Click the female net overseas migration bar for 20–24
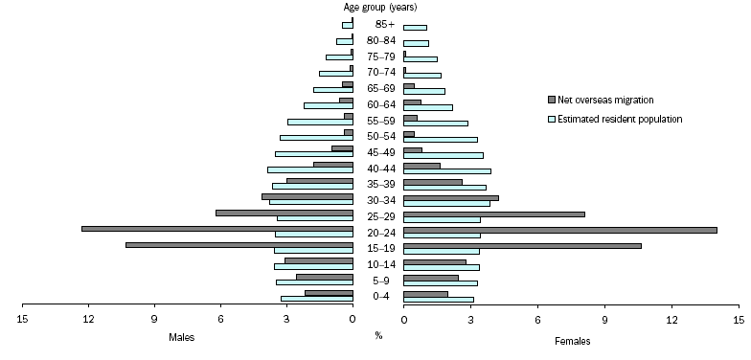pos(560,230)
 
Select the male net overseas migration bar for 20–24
pos(217,228)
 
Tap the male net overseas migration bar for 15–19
pos(239,245)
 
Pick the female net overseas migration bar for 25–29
pos(494,214)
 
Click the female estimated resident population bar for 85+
pos(415,28)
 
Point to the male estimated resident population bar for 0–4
pos(317,299)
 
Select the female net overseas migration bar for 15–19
pos(522,246)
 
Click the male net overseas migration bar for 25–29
pos(284,213)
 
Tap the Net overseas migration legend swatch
pos(552,100)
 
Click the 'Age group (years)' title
pos(378,8)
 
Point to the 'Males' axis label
pos(182,338)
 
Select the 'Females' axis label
pos(573,340)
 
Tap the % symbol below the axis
pos(378,336)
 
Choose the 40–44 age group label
pos(378,169)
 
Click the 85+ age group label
pos(378,24)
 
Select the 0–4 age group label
pos(378,297)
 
